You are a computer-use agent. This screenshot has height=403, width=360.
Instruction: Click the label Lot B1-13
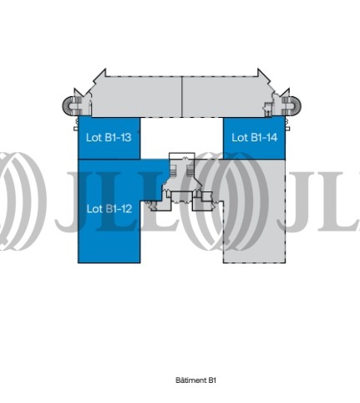(109, 137)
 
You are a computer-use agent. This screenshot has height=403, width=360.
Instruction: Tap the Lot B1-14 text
(255, 137)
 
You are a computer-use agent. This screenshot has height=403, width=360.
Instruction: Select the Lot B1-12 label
(109, 209)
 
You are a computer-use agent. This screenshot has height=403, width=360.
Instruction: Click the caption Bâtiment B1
(195, 380)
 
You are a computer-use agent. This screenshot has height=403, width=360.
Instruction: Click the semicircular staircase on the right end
(295, 105)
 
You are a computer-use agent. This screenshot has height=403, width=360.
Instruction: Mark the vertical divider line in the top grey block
(182, 96)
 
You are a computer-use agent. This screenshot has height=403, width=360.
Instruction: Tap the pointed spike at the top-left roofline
(101, 73)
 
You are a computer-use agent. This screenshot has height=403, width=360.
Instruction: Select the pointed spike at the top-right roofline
(261, 73)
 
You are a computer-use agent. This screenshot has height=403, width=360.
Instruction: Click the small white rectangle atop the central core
(182, 156)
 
